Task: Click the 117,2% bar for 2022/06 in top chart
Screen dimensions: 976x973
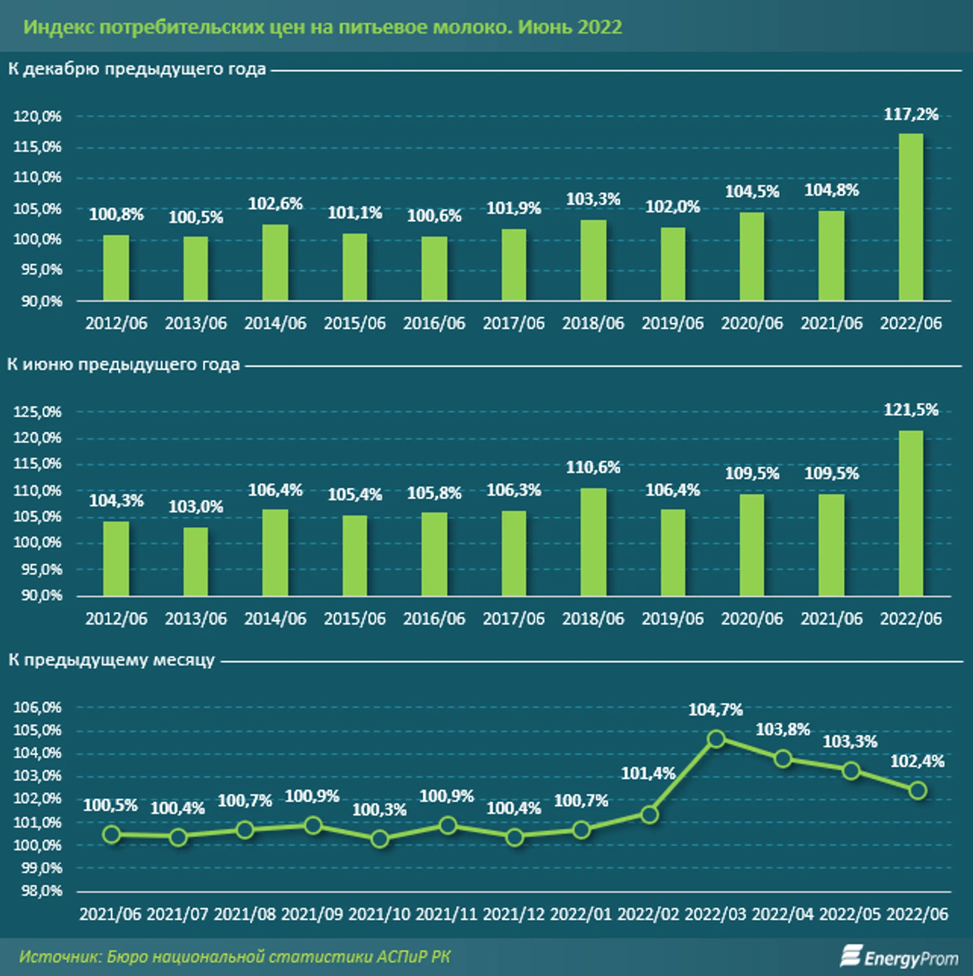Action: click(x=910, y=217)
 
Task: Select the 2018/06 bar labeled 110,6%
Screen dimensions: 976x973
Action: click(x=593, y=542)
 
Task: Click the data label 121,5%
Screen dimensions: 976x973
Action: click(x=910, y=410)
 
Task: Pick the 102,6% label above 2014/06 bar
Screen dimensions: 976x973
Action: click(x=275, y=204)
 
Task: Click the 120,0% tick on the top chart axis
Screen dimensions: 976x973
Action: click(x=37, y=117)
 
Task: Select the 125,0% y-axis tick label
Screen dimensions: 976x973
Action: click(x=37, y=412)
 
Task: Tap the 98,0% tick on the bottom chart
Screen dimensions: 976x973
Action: click(x=41, y=890)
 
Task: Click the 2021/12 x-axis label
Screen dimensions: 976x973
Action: click(x=513, y=914)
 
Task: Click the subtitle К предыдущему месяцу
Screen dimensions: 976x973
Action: click(x=112, y=660)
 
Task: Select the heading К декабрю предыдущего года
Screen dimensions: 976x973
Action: click(x=137, y=69)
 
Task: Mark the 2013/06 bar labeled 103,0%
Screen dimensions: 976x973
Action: click(x=196, y=561)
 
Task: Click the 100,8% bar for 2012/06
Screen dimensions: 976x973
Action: click(x=116, y=268)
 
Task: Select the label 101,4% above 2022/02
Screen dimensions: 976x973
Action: click(x=648, y=773)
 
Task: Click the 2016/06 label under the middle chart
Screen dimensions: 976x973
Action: click(x=434, y=619)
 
